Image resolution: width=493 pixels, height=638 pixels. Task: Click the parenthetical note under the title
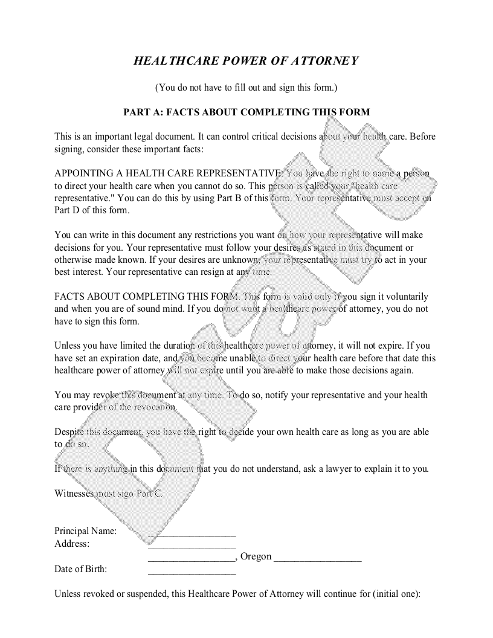246,88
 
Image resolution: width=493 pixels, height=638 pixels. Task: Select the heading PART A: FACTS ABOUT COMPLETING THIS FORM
246,112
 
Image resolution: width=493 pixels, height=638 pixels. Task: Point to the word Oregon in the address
256,556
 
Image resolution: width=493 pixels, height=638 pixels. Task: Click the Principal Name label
86,532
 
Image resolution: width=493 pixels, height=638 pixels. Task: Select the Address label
72,544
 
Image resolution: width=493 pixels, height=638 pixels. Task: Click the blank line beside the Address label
192,547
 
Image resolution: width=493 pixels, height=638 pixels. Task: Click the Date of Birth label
81,569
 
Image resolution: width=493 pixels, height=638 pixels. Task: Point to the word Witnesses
75,494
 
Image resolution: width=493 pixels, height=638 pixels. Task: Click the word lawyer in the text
342,469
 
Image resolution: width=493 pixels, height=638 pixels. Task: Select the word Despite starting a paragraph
69,432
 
